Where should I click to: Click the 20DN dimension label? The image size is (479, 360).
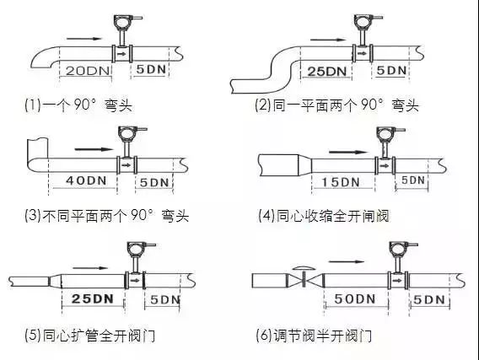click(88, 71)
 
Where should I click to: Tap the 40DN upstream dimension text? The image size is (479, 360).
click(87, 180)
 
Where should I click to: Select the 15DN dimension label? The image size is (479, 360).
click(341, 182)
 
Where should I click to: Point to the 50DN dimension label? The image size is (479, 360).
click(355, 299)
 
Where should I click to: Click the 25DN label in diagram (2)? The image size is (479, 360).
click(327, 72)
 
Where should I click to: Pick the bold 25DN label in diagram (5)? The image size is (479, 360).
click(93, 298)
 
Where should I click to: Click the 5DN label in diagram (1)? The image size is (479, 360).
click(151, 69)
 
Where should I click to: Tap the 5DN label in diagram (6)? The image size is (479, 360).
click(429, 300)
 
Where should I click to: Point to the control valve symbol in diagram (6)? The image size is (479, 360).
click(304, 277)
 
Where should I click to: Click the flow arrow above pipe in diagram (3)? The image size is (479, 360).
click(94, 149)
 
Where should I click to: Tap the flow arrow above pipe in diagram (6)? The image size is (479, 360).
click(347, 261)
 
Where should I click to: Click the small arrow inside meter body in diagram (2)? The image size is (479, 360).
click(363, 53)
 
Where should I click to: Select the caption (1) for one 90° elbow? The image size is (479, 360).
click(78, 105)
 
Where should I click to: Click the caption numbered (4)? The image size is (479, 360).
click(324, 216)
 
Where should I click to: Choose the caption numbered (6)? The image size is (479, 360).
click(314, 336)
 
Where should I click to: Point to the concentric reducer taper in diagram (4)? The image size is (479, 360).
click(304, 165)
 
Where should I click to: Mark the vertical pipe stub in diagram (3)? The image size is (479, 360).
click(37, 148)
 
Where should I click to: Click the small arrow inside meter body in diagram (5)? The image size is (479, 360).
click(134, 280)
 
